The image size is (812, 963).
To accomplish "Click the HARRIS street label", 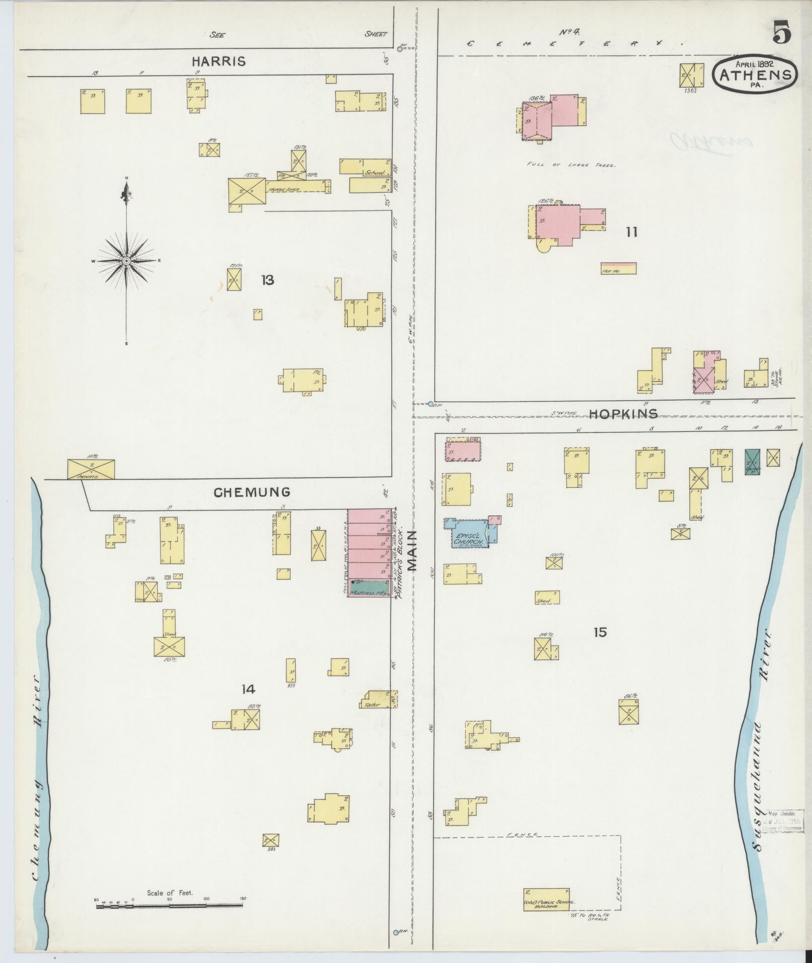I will coord(218,61).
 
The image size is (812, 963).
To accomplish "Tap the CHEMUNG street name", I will coord(252,492).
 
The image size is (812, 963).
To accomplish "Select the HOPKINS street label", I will coord(623,414).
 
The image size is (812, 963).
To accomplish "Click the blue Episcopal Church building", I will coord(468,537).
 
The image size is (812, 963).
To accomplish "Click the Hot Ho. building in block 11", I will coord(618,268).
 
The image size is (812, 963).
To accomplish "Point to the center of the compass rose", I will coord(126,260).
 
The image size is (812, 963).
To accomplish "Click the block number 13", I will coord(267,280).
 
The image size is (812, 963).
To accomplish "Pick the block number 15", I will coord(600,632).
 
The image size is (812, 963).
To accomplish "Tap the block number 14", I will coord(248,690).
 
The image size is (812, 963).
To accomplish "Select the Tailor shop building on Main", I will coord(378,700).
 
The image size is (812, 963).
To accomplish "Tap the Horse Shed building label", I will coord(284,189).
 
